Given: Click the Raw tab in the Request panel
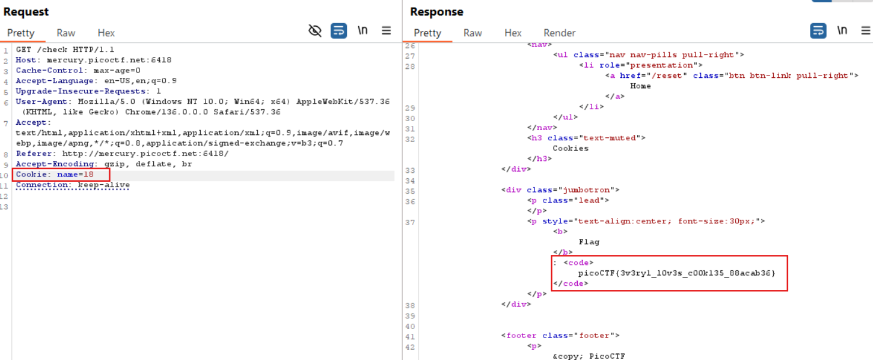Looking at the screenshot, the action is [66, 33].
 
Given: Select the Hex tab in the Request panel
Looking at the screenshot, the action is [106, 33].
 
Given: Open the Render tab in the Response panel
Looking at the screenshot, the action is [559, 33].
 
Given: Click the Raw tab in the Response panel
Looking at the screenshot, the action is [473, 33].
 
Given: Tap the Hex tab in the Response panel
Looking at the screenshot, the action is [513, 33].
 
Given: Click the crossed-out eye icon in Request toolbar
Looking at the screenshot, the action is [315, 30].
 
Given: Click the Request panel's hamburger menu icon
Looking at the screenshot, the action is [386, 30].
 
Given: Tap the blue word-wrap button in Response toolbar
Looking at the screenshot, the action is [818, 30].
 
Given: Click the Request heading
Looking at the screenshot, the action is [26, 12].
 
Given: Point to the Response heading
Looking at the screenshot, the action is [436, 12].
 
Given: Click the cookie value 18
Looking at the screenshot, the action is [88, 174].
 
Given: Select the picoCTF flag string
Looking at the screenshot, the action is [676, 273].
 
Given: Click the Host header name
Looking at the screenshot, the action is [26, 60].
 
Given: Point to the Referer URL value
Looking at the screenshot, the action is [145, 154].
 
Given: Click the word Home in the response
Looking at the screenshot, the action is [640, 86].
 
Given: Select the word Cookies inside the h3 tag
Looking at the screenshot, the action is [571, 148].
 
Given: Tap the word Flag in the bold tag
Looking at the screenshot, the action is [589, 242].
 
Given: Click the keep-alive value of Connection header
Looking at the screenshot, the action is [104, 185].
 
